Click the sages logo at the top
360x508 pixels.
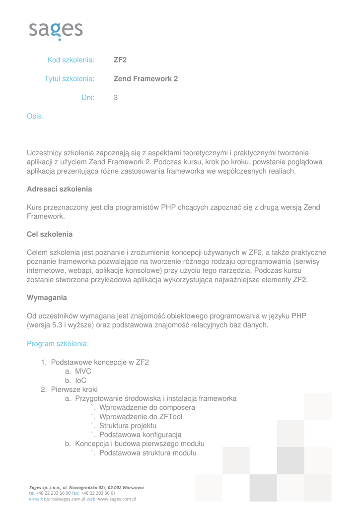coord(56,30)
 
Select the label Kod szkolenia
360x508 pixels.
coord(71,60)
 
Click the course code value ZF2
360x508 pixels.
coord(120,60)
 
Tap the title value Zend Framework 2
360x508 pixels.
coord(145,78)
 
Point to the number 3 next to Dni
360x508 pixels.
coord(116,98)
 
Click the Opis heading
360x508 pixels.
coord(35,116)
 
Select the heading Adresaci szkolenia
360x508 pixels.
coord(59,189)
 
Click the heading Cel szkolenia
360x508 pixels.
coord(49,234)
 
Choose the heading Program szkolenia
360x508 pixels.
coord(58,343)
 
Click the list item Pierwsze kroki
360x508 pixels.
coord(74,389)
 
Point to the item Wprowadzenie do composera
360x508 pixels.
coord(147,408)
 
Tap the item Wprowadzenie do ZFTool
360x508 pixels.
coord(141,417)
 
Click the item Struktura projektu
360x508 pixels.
coord(128,426)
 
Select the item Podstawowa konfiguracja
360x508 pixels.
coord(141,435)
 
